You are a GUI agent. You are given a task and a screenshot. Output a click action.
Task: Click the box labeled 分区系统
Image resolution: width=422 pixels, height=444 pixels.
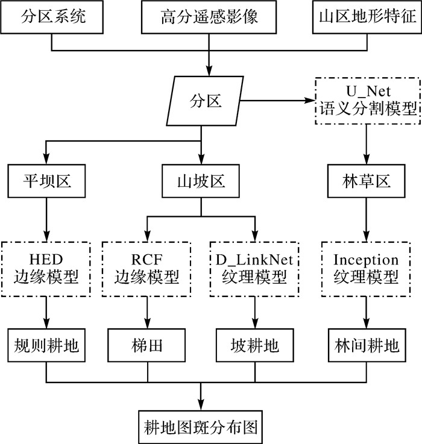tap(54, 17)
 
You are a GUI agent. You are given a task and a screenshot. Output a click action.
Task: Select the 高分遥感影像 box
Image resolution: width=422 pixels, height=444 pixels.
tap(209, 17)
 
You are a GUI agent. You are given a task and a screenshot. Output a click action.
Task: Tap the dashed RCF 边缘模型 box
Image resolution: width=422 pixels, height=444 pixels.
tap(147, 269)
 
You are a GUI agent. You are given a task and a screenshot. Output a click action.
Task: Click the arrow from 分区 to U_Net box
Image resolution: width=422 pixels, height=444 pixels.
tap(277, 100)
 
